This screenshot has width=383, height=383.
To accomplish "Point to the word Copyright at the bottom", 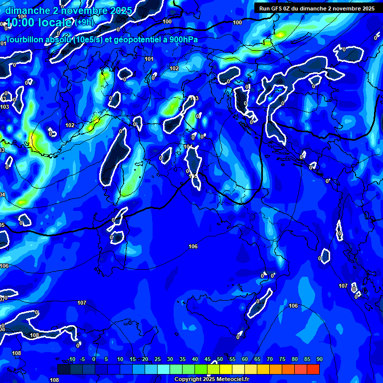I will tap(188, 380).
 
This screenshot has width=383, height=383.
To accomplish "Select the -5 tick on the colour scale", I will tap(82, 360).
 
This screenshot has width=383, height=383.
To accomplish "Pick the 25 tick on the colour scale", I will tap(157, 360).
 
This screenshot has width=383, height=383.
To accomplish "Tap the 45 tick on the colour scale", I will tap(207, 360).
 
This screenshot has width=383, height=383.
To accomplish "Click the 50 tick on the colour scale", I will tap(219, 360).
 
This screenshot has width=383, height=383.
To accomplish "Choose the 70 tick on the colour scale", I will tap(269, 360).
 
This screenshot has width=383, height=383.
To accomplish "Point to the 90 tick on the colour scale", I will tap(319, 360).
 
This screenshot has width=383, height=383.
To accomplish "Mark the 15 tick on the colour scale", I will tap(132, 360).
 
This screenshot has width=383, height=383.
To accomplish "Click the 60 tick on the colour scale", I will tap(244, 360).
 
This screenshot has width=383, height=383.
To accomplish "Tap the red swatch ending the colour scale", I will tap(313, 369).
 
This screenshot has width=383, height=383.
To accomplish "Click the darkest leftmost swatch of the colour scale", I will tap(64, 369).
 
